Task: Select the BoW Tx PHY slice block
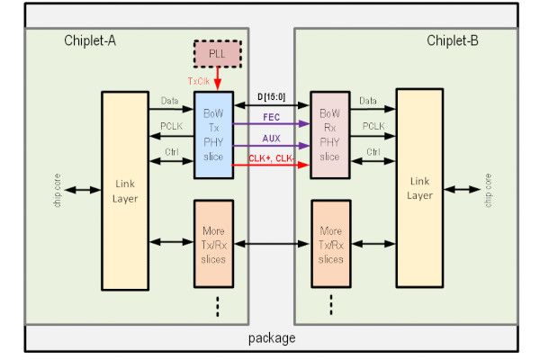pos(214,135)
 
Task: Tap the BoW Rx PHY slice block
pos(328,135)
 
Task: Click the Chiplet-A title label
pos(91,41)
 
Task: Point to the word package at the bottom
pos(271,338)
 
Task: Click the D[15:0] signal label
pos(272,96)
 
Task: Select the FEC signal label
pos(271,116)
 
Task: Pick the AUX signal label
pos(271,139)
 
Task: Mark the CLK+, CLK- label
pos(271,158)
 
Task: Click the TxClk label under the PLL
pos(200,81)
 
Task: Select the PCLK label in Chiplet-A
pos(171,127)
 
